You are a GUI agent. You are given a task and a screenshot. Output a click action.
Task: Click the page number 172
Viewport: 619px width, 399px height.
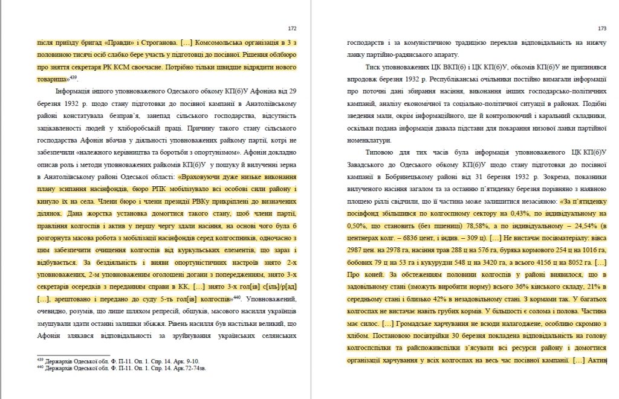tap(292, 28)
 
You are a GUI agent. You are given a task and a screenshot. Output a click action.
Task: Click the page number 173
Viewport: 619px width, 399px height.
tap(601, 28)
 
